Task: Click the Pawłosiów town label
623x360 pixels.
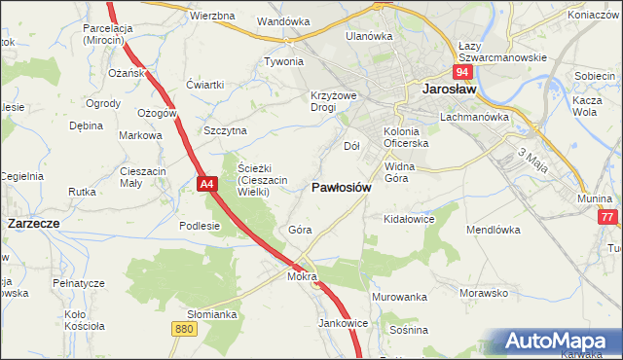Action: pos(341,187)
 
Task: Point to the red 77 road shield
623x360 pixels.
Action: pos(608,218)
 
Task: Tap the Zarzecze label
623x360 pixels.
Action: pos(34,223)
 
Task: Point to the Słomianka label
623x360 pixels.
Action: pos(212,314)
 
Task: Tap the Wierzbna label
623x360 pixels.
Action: pos(212,17)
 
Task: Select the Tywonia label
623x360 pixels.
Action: pos(284,61)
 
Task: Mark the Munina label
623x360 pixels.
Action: pos(594,198)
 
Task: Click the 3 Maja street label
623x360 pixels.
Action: pos(531,160)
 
